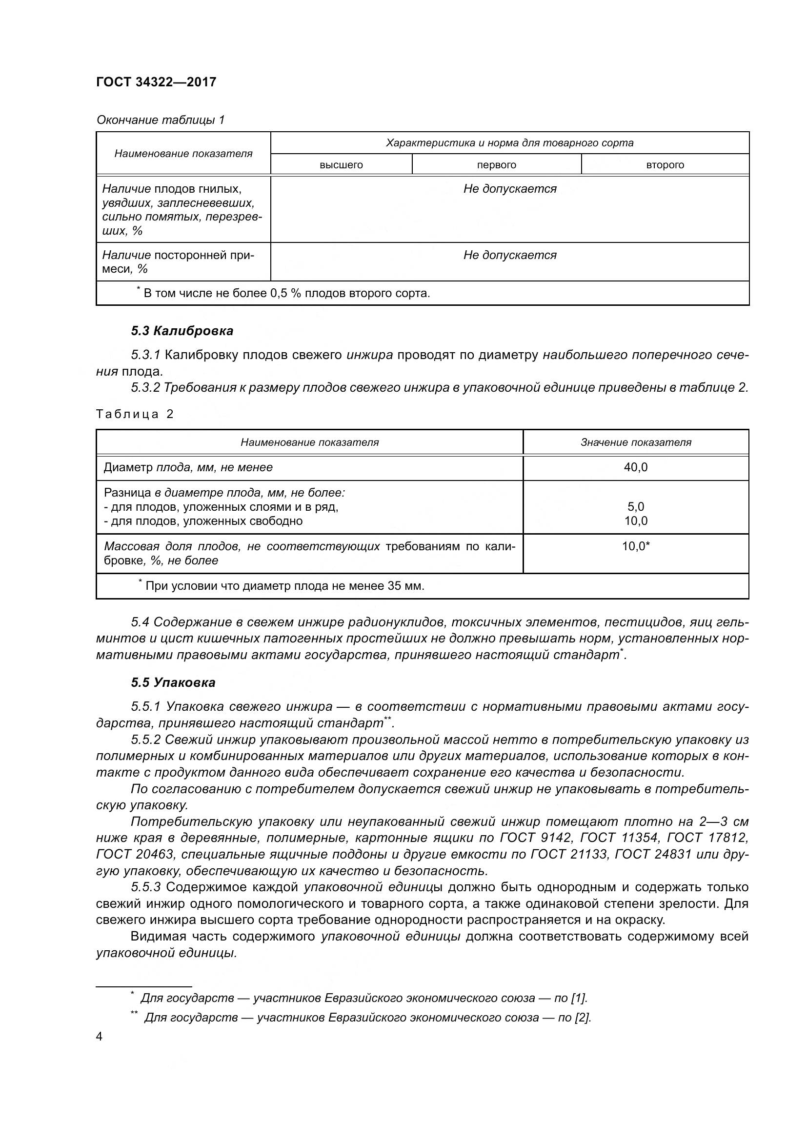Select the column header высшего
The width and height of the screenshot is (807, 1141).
tap(341, 165)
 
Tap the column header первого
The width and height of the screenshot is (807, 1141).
tap(496, 165)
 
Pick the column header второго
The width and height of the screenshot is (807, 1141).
tap(665, 165)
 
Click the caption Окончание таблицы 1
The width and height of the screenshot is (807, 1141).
tap(161, 120)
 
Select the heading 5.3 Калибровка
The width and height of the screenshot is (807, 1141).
tap(182, 331)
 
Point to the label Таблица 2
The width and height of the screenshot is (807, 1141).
tap(135, 415)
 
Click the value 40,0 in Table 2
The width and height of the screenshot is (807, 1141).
tap(636, 467)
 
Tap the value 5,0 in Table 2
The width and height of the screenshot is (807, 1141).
tap(636, 507)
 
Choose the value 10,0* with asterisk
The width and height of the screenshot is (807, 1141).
tap(636, 546)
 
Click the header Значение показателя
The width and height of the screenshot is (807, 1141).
tap(636, 442)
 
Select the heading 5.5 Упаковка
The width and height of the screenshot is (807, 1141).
tap(173, 682)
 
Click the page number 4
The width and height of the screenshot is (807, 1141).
tap(99, 1037)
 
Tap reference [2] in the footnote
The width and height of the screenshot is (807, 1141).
tap(583, 1018)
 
